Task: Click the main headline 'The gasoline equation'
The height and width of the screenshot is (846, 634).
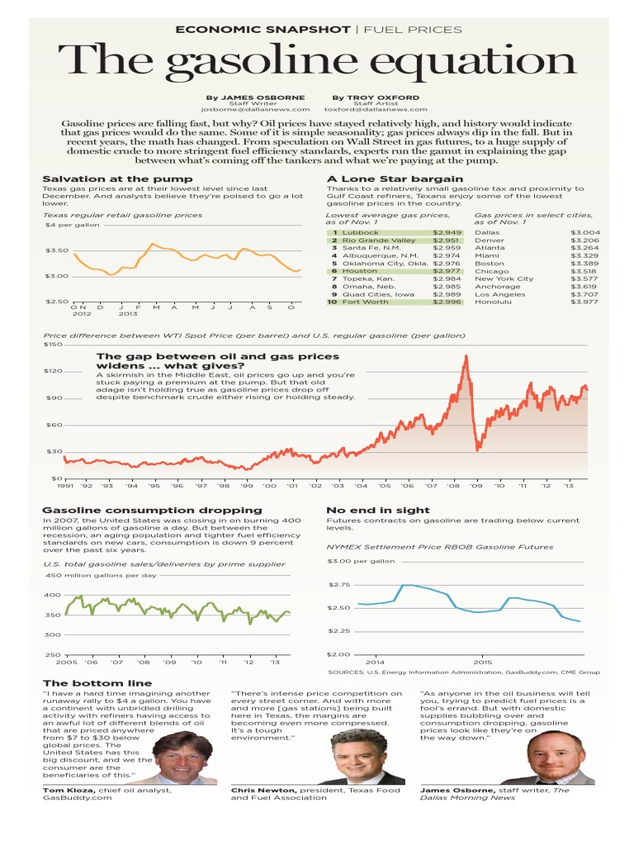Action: point(317,63)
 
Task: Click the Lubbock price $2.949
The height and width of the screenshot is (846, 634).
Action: point(447,233)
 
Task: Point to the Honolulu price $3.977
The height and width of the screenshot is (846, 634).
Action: point(584,302)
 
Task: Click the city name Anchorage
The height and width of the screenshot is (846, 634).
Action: point(498,287)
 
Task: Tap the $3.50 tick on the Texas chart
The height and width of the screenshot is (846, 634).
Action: point(57,250)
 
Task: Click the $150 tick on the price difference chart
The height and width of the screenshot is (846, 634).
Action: point(53,345)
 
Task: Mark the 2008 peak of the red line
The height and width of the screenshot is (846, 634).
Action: point(466,357)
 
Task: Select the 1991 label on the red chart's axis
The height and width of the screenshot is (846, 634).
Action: point(64,487)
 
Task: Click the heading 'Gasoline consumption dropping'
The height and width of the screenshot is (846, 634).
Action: point(152,511)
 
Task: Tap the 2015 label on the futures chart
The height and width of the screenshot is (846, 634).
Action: point(482,662)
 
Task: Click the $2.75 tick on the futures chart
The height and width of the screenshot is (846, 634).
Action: point(339,584)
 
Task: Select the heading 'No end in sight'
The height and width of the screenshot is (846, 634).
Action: point(377,511)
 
